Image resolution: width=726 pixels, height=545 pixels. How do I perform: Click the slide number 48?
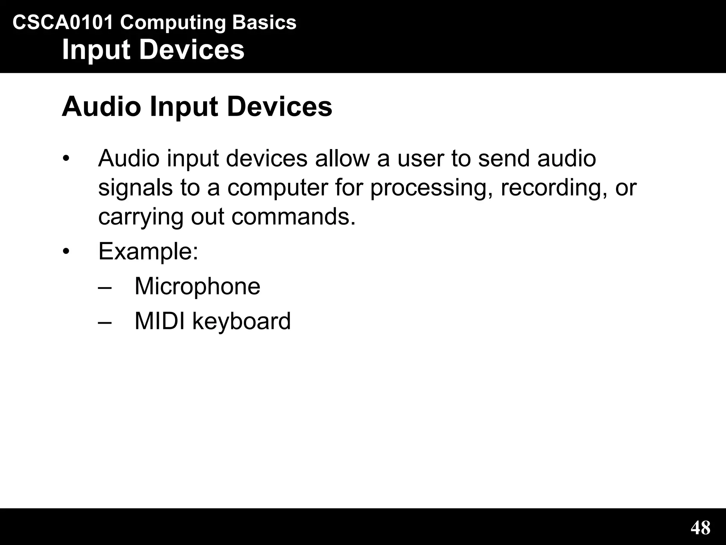700,527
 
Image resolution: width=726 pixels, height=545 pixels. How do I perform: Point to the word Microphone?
197,286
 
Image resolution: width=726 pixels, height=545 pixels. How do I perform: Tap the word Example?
148,252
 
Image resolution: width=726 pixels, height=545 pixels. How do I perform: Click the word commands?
294,217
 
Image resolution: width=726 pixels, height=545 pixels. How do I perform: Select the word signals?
135,188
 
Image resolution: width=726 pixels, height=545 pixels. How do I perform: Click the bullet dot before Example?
66,251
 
